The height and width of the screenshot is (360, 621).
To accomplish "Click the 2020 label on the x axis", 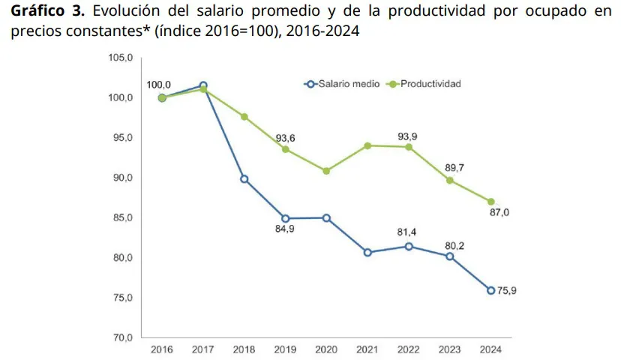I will pos(327,349).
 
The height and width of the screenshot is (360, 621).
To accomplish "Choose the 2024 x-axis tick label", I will pos(490,349).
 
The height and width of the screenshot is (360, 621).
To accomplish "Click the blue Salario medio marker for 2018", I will pos(244,179).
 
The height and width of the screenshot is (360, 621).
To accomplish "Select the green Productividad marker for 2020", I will pos(326,171).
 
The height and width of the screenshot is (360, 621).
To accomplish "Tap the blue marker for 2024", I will pos(490,290).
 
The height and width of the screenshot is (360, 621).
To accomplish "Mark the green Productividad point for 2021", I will pos(367,145).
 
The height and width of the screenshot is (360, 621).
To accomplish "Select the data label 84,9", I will pos(286,229).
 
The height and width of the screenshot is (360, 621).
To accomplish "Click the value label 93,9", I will pos(409,135).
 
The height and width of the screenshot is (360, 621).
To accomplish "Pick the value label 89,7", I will pos(454,167).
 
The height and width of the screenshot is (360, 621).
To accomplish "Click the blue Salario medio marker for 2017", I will pos(203,85).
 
